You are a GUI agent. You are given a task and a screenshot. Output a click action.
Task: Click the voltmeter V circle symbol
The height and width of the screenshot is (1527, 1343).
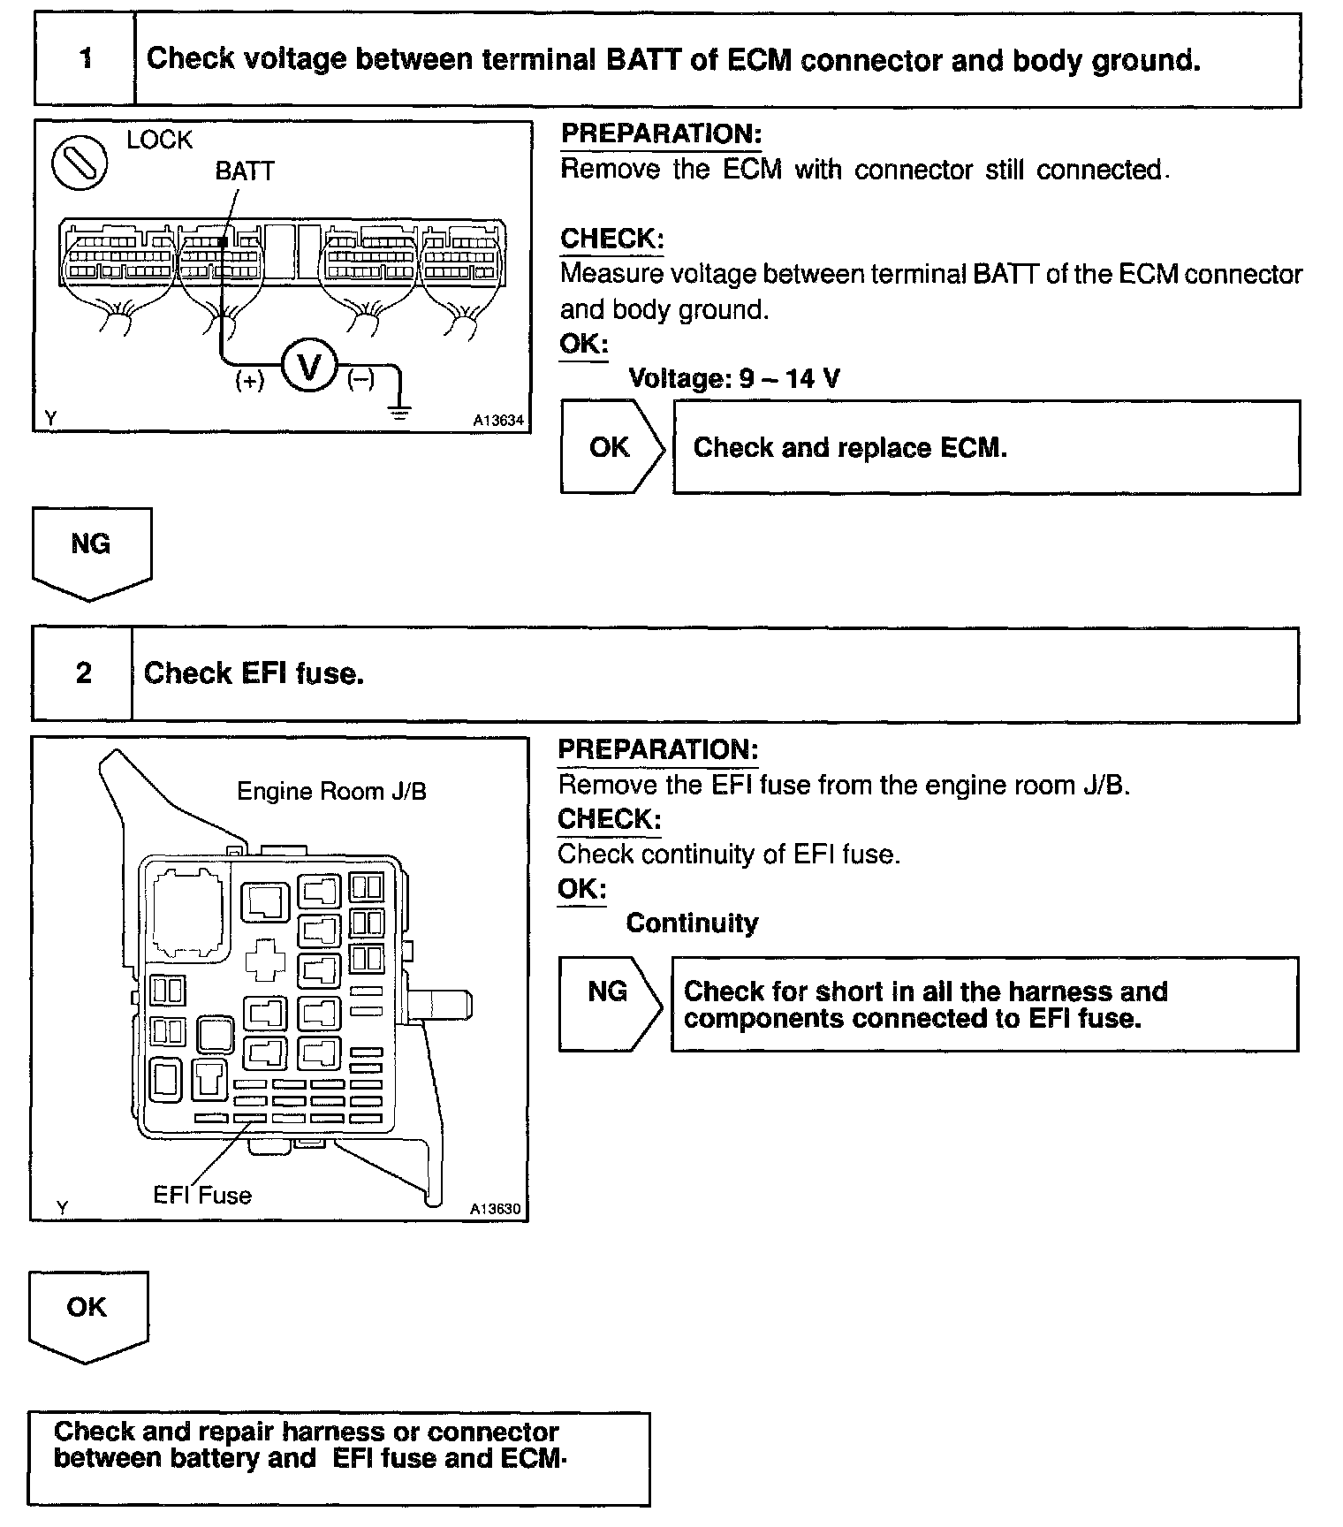click(309, 365)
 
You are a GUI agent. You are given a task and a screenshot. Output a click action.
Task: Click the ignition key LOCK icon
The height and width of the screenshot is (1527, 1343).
click(80, 165)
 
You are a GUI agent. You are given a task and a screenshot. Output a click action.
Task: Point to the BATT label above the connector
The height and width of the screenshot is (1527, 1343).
click(245, 171)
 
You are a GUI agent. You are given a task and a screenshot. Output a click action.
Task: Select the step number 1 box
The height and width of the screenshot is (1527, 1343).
click(86, 59)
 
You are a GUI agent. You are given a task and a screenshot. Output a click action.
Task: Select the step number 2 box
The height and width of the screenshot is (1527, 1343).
click(83, 673)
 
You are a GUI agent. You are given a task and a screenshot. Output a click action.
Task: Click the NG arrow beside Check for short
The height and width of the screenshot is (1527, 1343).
click(609, 999)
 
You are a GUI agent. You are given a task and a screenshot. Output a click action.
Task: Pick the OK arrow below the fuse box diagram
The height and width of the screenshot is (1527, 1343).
click(87, 1312)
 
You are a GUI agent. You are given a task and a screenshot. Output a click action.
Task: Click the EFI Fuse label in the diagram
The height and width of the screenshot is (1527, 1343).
click(202, 1196)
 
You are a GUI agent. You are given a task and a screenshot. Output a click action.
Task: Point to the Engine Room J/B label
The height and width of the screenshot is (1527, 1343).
click(331, 792)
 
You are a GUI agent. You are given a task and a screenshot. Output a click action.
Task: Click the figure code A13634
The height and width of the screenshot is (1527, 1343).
click(498, 421)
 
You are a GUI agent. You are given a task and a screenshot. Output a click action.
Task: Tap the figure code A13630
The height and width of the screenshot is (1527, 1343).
click(496, 1209)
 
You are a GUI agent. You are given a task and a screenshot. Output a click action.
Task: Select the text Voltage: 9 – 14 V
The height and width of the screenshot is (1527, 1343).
click(733, 379)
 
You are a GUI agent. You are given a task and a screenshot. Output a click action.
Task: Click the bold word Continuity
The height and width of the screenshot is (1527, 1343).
click(692, 923)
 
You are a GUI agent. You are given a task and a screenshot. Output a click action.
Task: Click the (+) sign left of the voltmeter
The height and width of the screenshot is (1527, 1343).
click(250, 381)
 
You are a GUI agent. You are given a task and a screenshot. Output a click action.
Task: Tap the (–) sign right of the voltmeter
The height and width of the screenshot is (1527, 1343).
click(360, 380)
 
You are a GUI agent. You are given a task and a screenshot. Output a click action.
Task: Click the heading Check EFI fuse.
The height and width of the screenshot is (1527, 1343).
click(254, 673)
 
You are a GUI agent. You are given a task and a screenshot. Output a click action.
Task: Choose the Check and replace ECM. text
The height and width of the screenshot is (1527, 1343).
click(850, 448)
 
